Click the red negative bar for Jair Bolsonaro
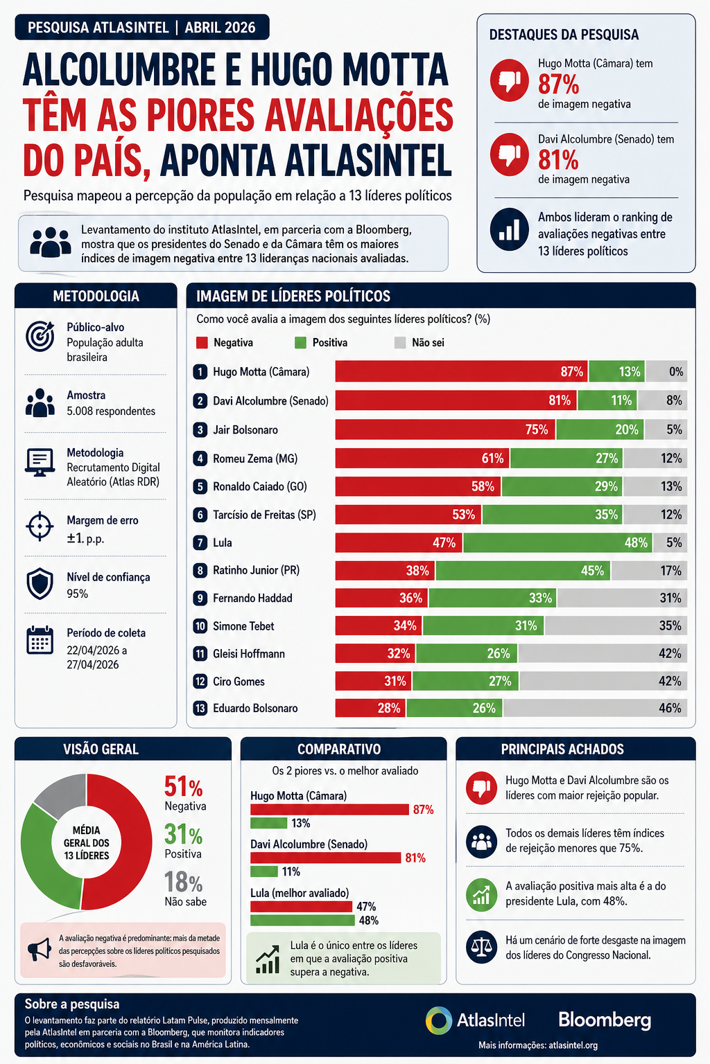click(x=444, y=429)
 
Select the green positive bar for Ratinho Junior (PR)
click(x=523, y=571)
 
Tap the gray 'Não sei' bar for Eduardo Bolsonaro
click(x=595, y=708)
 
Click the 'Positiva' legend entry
click(x=321, y=343)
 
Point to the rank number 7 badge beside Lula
click(x=200, y=542)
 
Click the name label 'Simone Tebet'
click(x=243, y=626)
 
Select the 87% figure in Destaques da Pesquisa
click(x=558, y=85)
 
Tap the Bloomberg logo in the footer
click(x=605, y=1020)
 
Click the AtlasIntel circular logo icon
click(x=439, y=1020)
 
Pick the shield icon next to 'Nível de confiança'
click(x=40, y=584)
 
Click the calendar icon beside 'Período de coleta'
click(x=40, y=640)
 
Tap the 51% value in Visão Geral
click(x=183, y=788)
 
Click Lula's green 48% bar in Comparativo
click(x=302, y=921)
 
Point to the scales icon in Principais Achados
click(x=481, y=947)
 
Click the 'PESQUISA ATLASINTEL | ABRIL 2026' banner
click(x=141, y=28)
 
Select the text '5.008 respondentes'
click(x=111, y=411)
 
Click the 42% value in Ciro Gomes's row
click(x=670, y=681)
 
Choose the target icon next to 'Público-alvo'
click(x=40, y=336)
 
